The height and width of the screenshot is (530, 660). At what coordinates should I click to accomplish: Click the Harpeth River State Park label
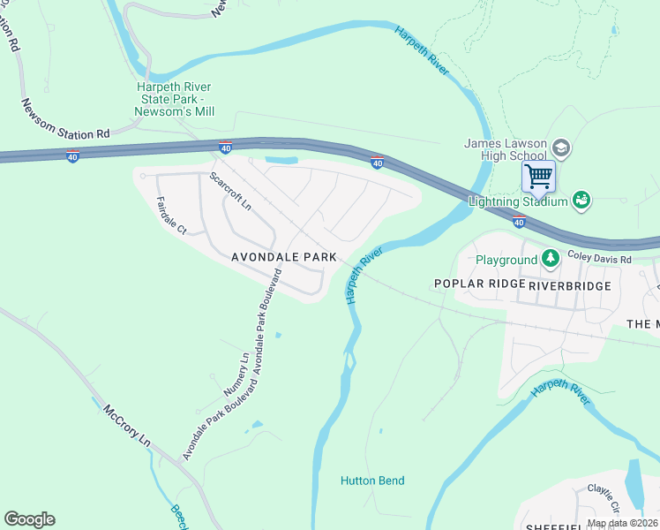(x=176, y=99)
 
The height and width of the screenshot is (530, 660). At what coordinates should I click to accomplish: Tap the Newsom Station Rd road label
(x=66, y=118)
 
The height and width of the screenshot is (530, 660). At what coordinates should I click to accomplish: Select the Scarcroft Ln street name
(x=230, y=190)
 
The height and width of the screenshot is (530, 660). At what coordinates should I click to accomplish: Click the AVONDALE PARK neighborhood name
(x=284, y=257)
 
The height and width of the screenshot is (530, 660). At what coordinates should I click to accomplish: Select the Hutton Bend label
(x=372, y=481)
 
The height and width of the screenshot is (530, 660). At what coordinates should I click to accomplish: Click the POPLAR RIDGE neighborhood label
(x=479, y=284)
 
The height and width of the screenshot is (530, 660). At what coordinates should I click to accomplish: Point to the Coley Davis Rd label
(x=599, y=260)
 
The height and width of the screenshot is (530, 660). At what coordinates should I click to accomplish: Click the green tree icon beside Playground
(x=551, y=258)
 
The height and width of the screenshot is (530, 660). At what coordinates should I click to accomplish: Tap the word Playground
(x=506, y=260)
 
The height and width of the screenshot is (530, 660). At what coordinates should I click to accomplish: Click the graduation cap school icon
(x=561, y=147)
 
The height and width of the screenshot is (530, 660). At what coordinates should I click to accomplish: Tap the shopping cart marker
(x=537, y=175)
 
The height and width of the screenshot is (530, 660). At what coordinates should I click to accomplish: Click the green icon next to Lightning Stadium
(x=581, y=201)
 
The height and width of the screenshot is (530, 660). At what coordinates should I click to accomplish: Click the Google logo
(x=29, y=519)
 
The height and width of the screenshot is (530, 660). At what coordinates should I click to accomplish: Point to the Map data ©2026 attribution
(x=621, y=523)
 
